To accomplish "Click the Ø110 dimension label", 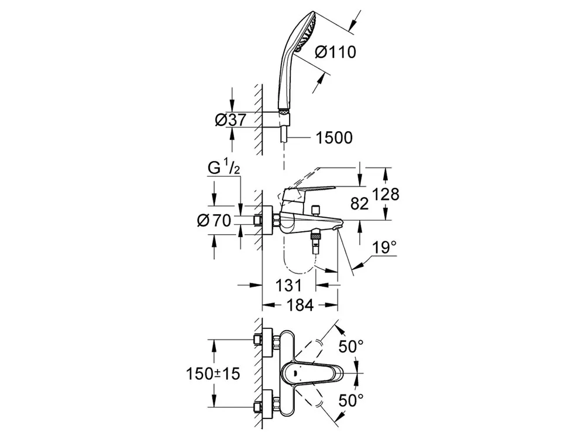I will pyautogui.click(x=335, y=53).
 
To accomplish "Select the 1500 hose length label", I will pyautogui.click(x=334, y=138).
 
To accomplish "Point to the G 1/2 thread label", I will pyautogui.click(x=224, y=169).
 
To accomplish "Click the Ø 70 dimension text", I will pyautogui.click(x=215, y=221).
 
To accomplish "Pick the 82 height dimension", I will pyautogui.click(x=359, y=204).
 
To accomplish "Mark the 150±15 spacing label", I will pyautogui.click(x=214, y=373).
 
